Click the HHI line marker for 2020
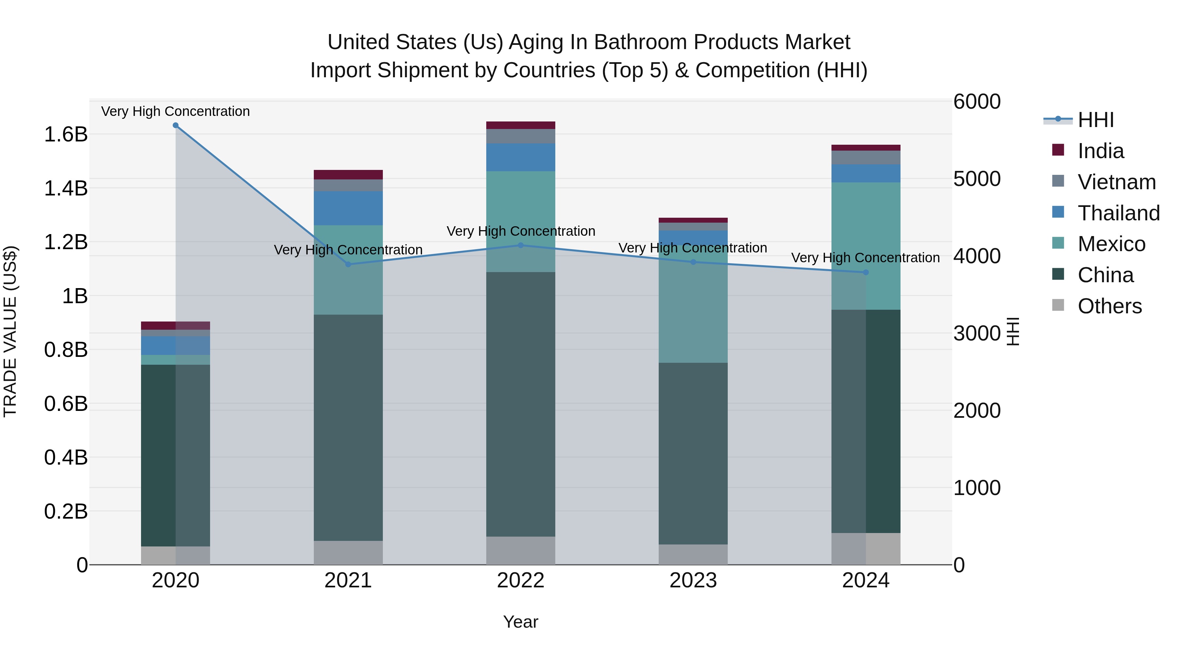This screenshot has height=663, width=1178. pyautogui.click(x=176, y=125)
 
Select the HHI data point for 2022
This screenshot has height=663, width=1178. pyautogui.click(x=520, y=245)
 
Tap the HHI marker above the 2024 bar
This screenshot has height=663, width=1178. pyautogui.click(x=866, y=272)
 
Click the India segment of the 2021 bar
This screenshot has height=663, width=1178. pyautogui.click(x=348, y=175)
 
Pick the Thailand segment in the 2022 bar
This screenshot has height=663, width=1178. pyautogui.click(x=520, y=157)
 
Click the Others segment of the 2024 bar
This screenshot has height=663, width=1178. pyautogui.click(x=866, y=549)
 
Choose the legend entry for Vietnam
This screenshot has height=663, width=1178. pyautogui.click(x=1116, y=182)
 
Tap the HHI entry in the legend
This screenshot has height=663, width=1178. pyautogui.click(x=1095, y=120)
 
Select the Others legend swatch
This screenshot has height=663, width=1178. pyautogui.click(x=1058, y=305)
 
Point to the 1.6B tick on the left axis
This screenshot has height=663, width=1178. pyautogui.click(x=66, y=135)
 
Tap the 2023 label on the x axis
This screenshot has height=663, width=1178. pyautogui.click(x=693, y=580)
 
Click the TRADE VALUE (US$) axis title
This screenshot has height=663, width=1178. pyautogui.click(x=10, y=331)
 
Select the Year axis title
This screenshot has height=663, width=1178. pyautogui.click(x=520, y=622)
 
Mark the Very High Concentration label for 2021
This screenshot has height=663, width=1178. pyautogui.click(x=348, y=250)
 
